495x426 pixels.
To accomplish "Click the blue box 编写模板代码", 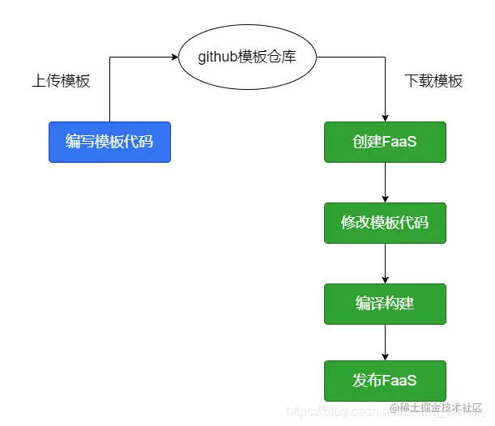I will [x=109, y=142].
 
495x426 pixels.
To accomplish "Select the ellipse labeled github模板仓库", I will [x=246, y=58].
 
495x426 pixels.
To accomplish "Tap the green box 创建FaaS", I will [x=385, y=142].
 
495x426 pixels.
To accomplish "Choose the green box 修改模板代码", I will [x=385, y=223].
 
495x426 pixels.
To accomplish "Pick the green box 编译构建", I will [x=385, y=304].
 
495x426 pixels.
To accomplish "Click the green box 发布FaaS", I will [x=385, y=381].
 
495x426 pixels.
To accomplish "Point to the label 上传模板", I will [x=61, y=81].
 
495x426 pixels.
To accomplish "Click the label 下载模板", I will [x=433, y=81].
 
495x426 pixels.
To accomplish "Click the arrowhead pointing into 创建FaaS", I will [x=385, y=117].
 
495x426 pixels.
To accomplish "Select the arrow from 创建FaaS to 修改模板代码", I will [x=385, y=182].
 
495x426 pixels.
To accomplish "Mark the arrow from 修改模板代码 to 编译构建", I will [x=385, y=263].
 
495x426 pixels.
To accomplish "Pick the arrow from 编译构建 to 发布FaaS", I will [x=385, y=342].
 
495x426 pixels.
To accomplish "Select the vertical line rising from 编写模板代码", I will [x=109, y=89].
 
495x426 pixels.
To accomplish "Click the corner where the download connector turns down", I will [x=385, y=58].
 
